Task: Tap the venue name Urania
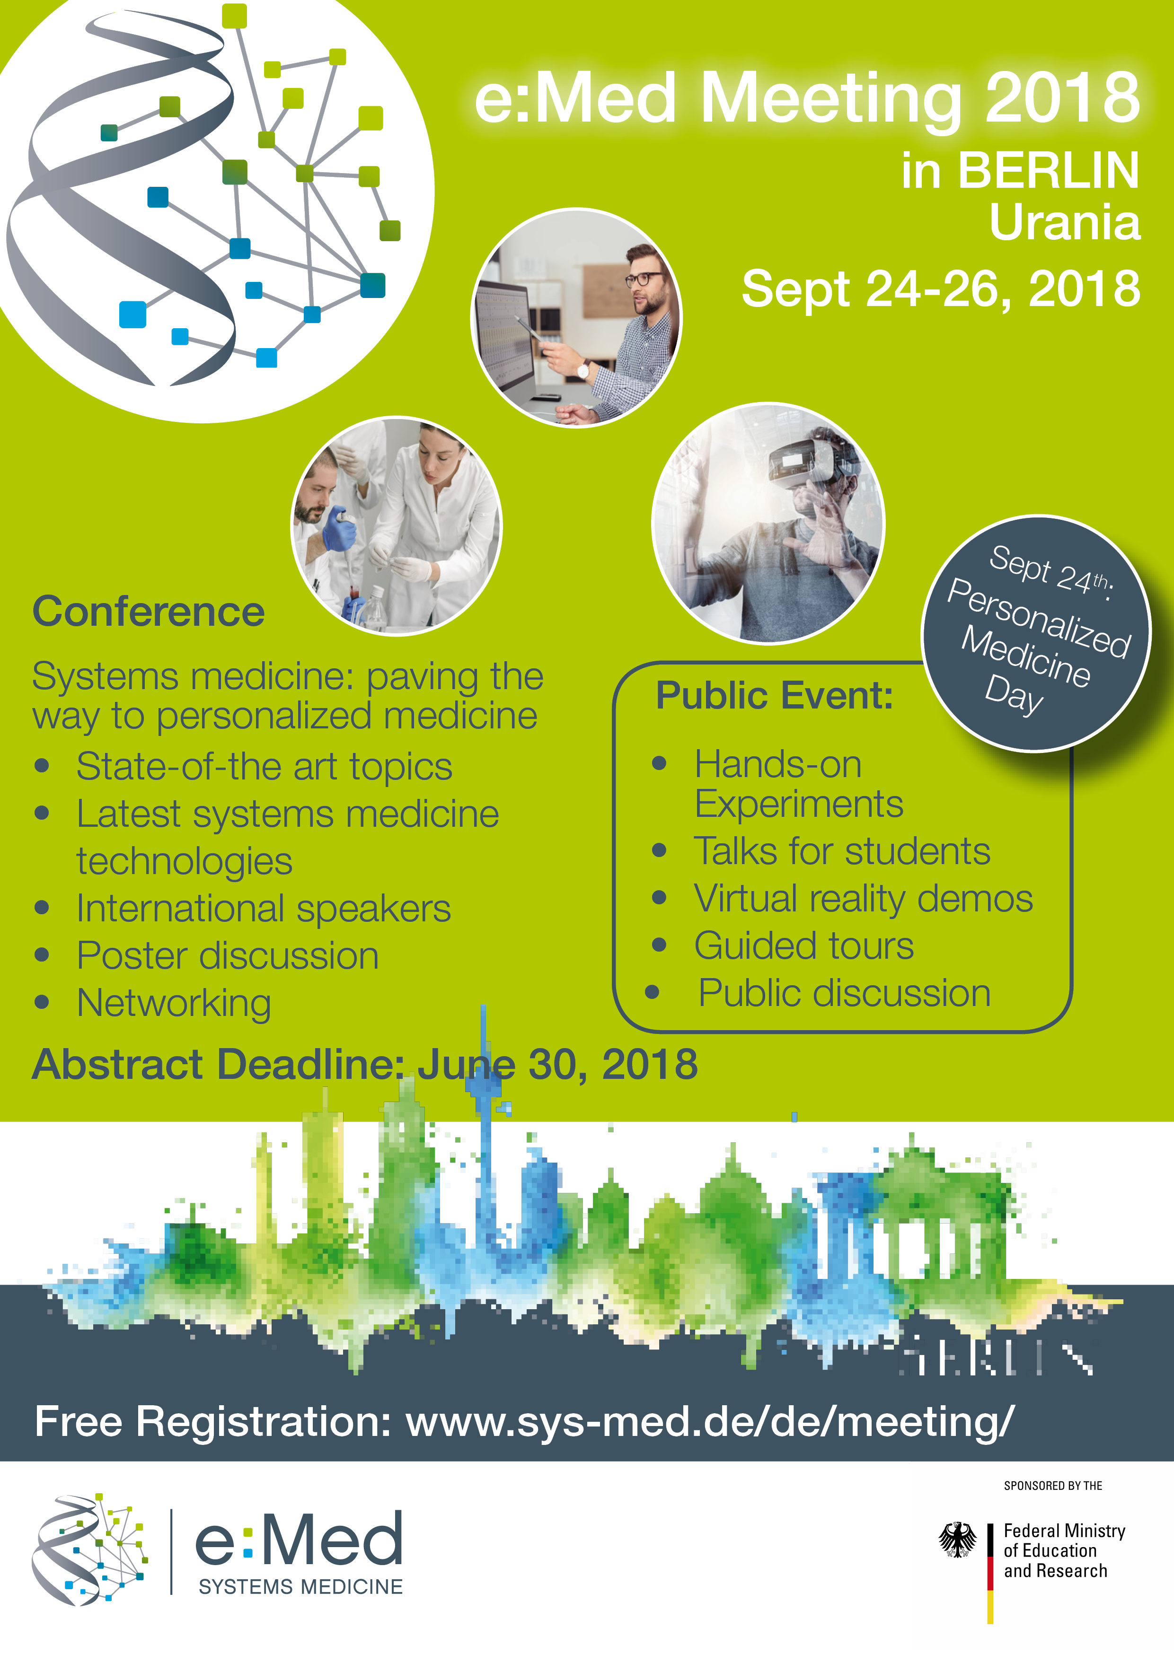(x=1064, y=223)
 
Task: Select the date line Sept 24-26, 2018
(x=941, y=289)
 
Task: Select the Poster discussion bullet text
(x=228, y=956)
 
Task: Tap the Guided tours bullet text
(x=804, y=946)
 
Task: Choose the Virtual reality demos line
(x=863, y=900)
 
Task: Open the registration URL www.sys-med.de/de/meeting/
(x=710, y=1423)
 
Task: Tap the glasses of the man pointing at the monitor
(x=642, y=279)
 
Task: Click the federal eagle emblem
(x=957, y=1540)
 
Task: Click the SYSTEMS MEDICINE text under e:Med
(x=301, y=1587)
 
